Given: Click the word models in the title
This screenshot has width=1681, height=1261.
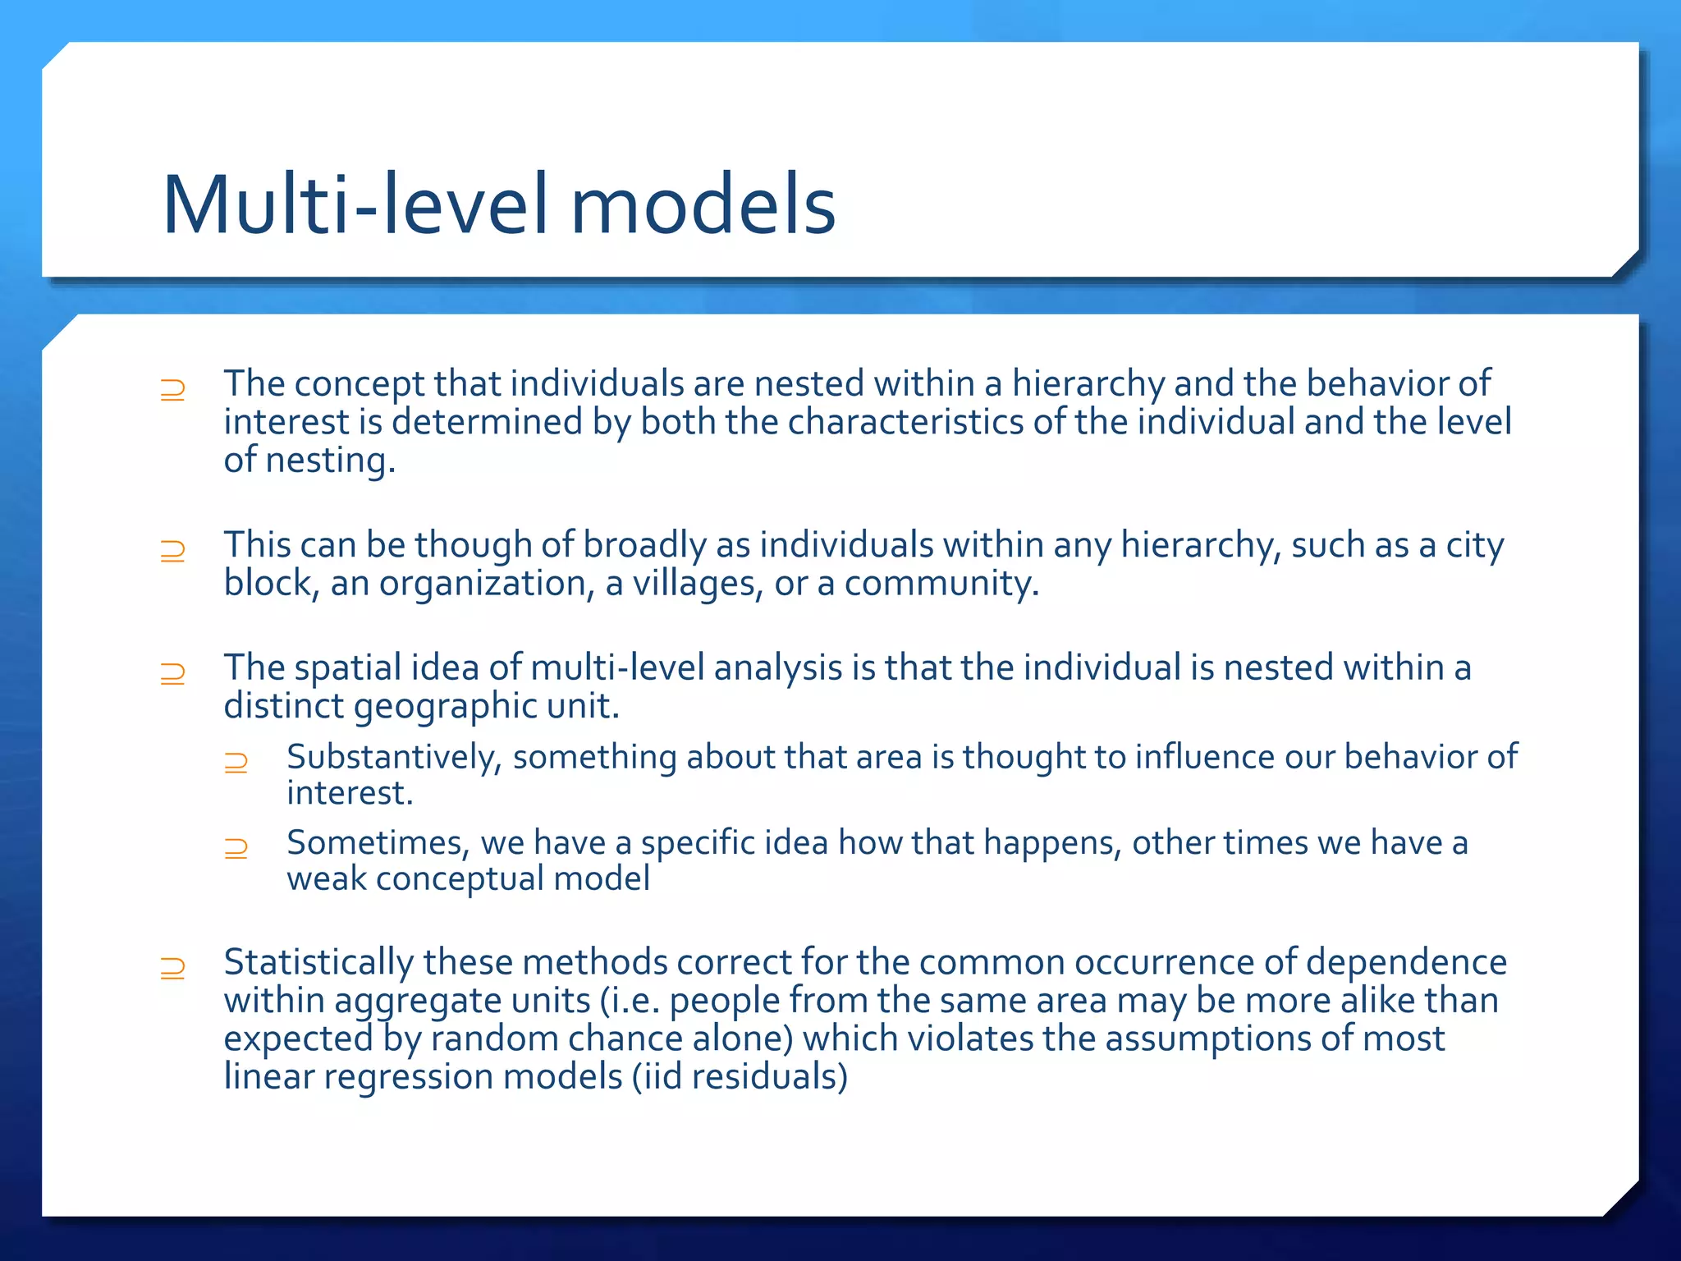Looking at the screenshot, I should click(703, 205).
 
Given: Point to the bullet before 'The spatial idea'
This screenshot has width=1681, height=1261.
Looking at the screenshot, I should click(172, 673).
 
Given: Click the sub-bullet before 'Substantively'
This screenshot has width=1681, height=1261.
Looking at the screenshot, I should click(236, 762).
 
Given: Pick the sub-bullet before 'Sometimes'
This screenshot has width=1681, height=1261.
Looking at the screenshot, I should click(236, 847).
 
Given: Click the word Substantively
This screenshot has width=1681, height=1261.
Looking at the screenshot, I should click(393, 757).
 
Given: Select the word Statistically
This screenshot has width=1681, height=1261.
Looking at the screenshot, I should click(318, 962).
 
